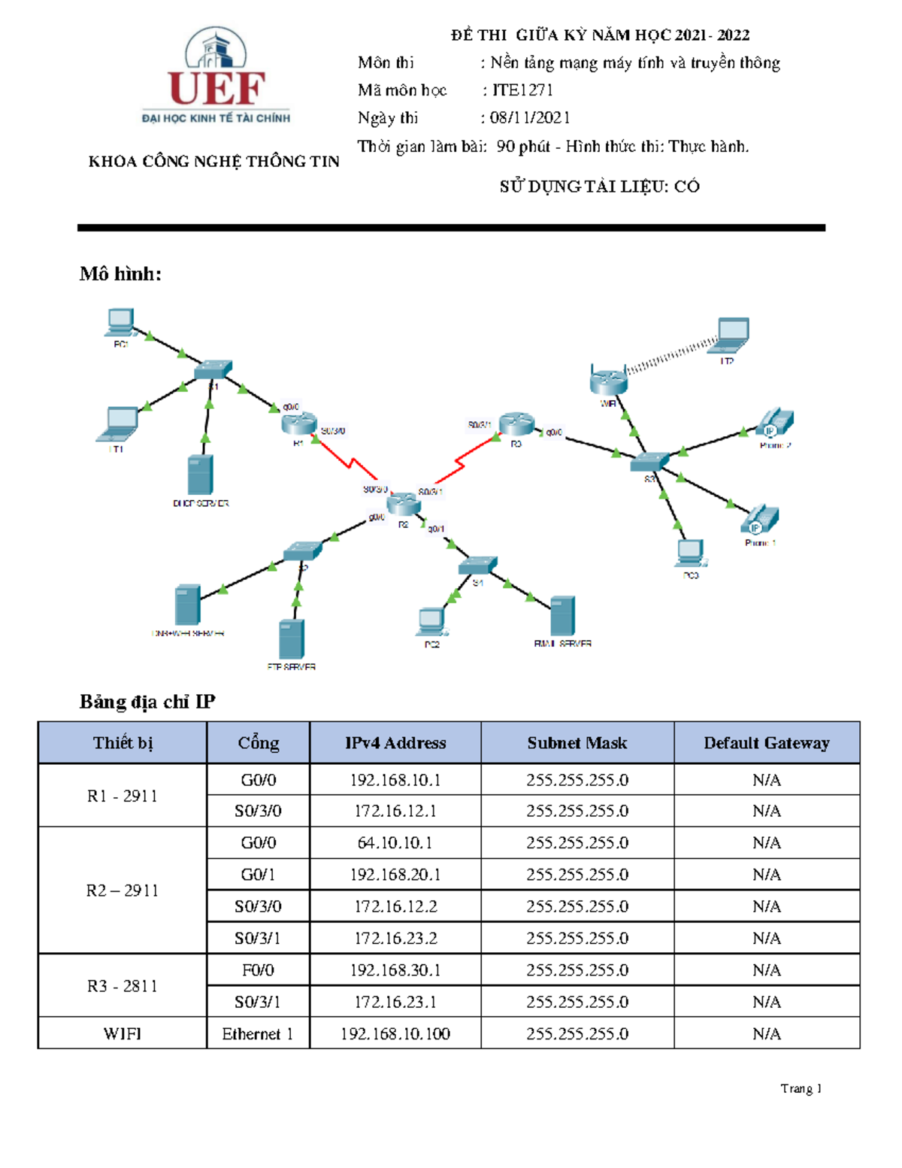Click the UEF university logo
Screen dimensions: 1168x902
[x=216, y=75]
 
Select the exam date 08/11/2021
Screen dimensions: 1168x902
[x=530, y=117]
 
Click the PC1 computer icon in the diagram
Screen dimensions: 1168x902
[x=120, y=323]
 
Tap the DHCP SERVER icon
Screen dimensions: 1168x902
[x=200, y=475]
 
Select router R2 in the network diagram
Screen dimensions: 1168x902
[x=404, y=504]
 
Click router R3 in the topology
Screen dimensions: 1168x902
[x=516, y=424]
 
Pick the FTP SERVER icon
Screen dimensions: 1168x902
[x=292, y=639]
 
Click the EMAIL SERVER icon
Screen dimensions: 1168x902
[x=562, y=616]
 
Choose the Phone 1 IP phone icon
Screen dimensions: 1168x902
[x=760, y=520]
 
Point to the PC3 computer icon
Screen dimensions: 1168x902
[x=690, y=554]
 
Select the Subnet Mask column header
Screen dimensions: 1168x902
[x=577, y=743]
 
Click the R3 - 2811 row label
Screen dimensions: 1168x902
[x=123, y=986]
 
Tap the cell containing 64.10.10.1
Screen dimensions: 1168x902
[x=395, y=843]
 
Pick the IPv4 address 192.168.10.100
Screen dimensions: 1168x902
[x=395, y=1034]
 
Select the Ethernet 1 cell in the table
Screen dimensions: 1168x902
[x=257, y=1034]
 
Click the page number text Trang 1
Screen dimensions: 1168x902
[x=801, y=1088]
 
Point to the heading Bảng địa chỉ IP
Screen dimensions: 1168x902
[x=147, y=702]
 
